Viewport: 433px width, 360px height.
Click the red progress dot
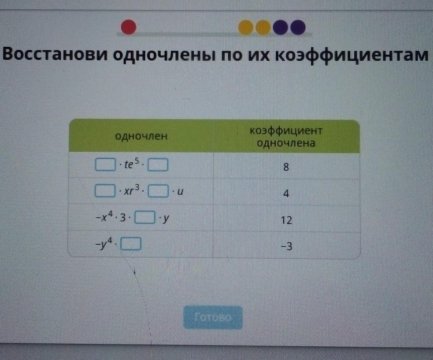129,27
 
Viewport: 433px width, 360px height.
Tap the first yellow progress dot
246,27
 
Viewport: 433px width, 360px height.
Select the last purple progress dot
298,27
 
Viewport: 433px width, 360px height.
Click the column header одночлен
141,136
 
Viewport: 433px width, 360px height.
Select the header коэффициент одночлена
286,137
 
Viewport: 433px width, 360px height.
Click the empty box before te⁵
105,164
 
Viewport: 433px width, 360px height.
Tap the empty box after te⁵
158,165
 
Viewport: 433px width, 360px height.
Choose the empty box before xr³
105,191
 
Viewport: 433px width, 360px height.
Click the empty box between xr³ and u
158,191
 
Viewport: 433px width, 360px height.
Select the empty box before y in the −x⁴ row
145,217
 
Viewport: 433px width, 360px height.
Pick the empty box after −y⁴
131,244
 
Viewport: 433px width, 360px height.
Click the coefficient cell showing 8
286,167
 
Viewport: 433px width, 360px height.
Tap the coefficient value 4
286,193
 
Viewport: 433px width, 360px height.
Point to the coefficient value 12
286,220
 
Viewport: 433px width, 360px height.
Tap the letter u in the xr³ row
180,192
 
